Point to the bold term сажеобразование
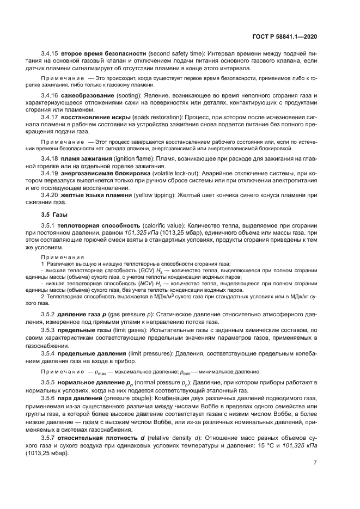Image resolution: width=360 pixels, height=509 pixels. coord(87,96)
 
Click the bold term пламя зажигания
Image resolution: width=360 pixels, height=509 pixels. coord(88,158)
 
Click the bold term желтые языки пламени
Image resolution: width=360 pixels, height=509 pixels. coord(99,194)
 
